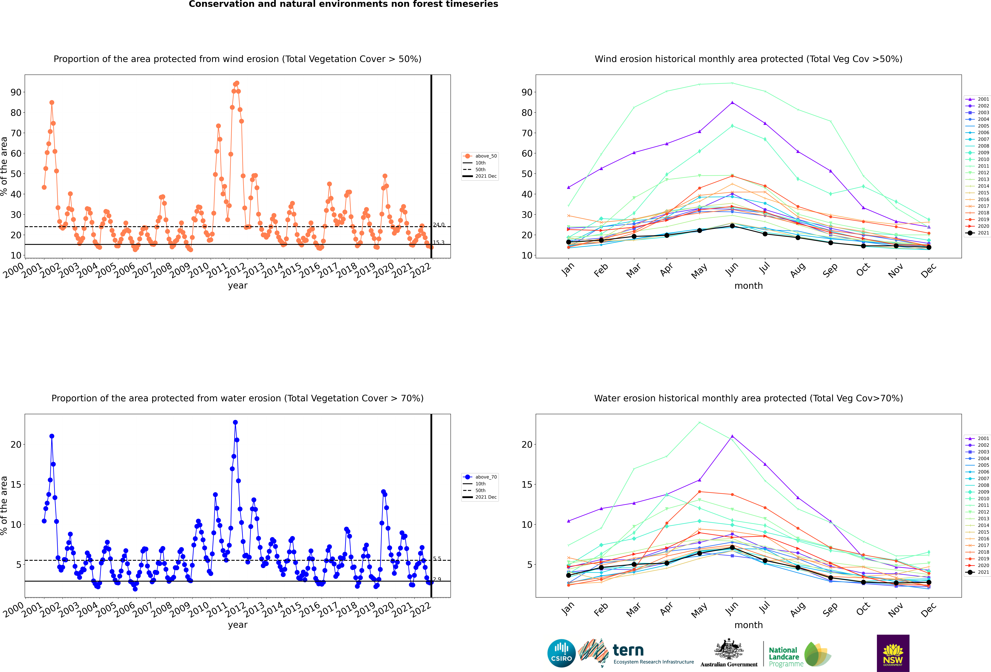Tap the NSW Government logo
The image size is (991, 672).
[x=893, y=653]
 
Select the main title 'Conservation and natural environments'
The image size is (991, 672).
[x=343, y=4]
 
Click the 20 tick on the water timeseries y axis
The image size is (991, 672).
[x=16, y=445]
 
